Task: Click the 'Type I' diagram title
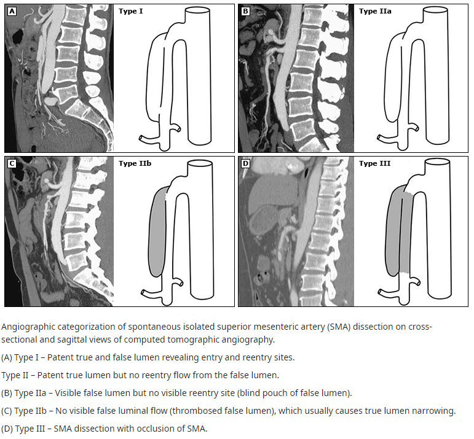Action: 131,11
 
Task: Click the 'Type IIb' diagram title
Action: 135,163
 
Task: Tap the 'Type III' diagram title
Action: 374,163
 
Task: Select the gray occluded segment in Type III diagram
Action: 397,233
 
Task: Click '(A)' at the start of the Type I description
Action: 9,357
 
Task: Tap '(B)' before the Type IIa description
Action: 9,393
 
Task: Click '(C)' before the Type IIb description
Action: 9,411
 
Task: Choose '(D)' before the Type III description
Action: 9,429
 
